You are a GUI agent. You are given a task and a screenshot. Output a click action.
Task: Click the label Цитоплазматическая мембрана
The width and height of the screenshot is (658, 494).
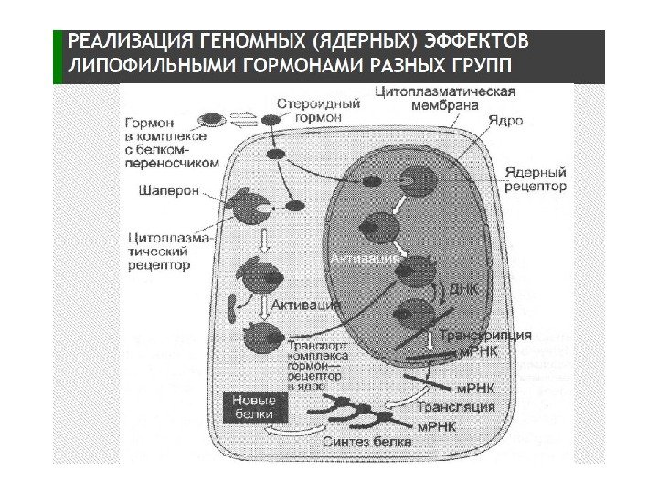pos(445,98)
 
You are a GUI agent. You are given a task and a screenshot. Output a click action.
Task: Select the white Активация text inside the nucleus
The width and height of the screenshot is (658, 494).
pos(365,261)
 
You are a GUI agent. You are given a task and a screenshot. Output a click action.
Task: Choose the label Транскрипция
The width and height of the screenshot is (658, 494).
pos(485,336)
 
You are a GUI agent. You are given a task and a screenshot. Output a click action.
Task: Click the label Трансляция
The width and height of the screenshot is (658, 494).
pos(456,407)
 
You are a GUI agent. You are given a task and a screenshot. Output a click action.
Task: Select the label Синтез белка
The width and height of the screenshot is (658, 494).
pos(367,442)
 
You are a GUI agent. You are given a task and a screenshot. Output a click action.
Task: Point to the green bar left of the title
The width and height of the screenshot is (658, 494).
pos(58,56)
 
